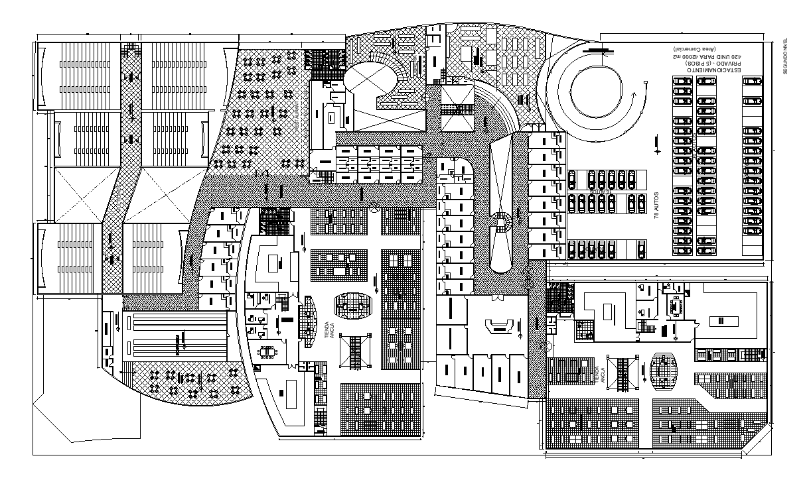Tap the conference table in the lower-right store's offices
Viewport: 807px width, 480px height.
point(677,306)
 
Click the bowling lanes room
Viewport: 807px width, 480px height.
point(176,338)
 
